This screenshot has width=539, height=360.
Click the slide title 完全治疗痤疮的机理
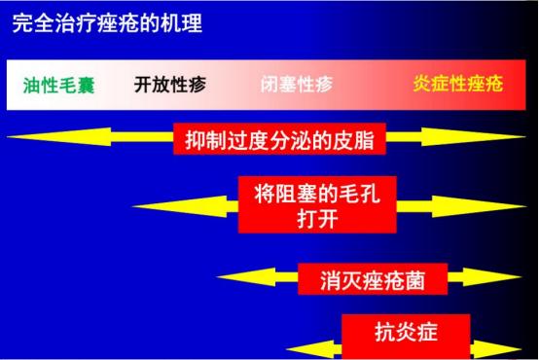coord(107,23)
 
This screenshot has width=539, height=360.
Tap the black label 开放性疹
coord(170,84)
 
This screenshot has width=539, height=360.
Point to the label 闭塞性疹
coord(297,84)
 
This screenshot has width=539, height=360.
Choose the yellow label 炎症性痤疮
coord(457,84)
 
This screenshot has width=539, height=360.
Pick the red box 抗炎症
coord(406,331)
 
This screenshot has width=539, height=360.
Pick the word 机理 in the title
coord(184,23)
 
